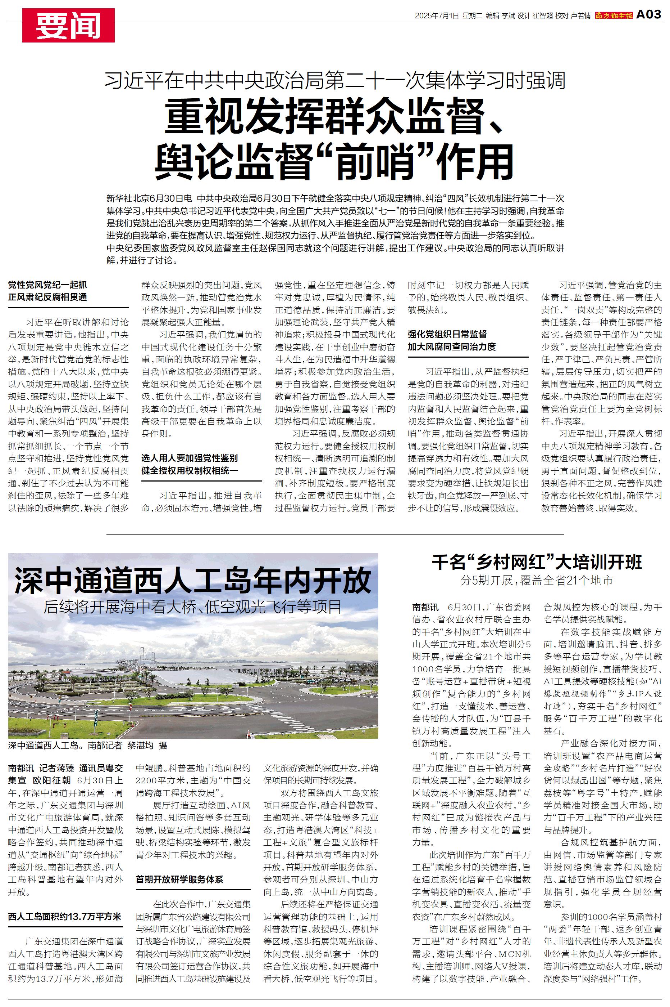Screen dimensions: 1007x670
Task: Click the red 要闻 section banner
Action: tap(68, 25)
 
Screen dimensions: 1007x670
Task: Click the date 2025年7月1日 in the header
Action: tap(437, 16)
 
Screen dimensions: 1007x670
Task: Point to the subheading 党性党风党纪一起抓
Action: tap(48, 285)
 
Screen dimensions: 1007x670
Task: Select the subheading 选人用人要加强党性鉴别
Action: tap(190, 458)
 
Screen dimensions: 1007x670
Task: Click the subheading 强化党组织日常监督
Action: tap(447, 334)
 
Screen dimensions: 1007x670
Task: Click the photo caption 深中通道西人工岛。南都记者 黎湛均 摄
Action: tap(88, 746)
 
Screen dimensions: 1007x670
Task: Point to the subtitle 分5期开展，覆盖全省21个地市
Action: tap(537, 581)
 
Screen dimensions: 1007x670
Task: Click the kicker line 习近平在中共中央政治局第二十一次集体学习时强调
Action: tap(335, 81)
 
